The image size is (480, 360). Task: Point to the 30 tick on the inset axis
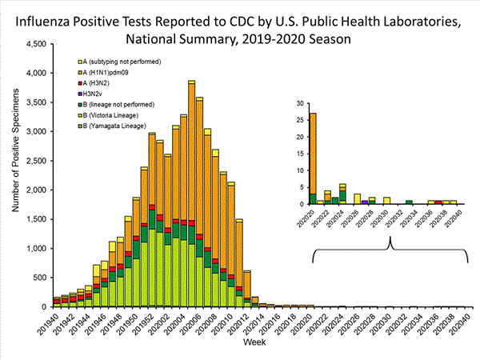pos(299,104)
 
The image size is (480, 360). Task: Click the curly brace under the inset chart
pos(392,253)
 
